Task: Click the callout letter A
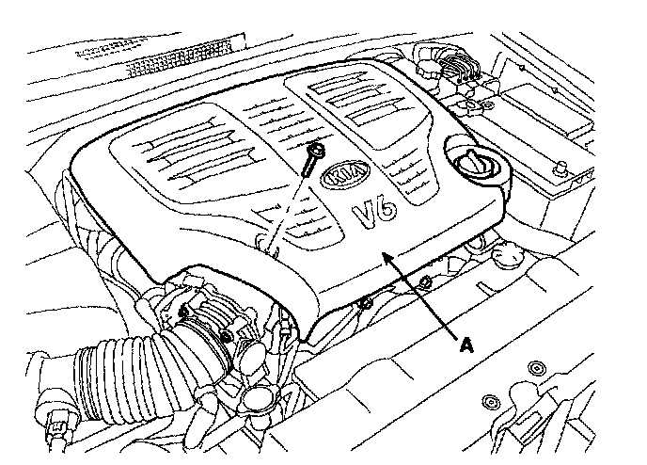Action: tap(464, 345)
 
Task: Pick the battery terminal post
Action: tap(560, 170)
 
